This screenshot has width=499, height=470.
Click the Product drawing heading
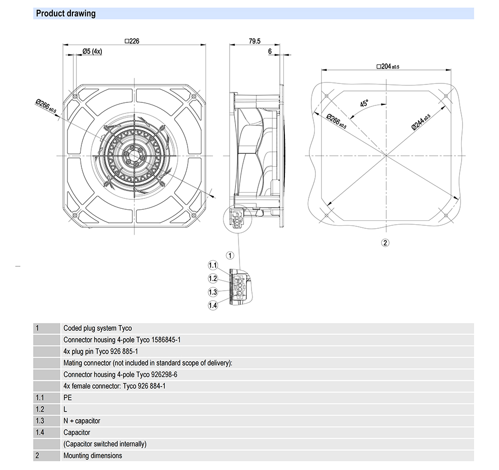65,13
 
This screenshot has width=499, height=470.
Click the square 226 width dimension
132,41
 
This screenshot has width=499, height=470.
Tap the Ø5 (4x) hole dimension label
92,51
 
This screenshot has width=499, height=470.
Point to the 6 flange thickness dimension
269,51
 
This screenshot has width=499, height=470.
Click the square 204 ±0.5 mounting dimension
388,66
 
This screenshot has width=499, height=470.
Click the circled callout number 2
385,243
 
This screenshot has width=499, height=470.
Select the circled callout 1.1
213,265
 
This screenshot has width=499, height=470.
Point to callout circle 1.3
213,292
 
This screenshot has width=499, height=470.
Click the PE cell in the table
68,398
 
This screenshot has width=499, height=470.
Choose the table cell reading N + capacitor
82,421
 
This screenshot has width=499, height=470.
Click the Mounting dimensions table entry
92,456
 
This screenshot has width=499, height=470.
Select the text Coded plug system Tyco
98,328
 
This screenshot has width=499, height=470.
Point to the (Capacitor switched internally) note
105,444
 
